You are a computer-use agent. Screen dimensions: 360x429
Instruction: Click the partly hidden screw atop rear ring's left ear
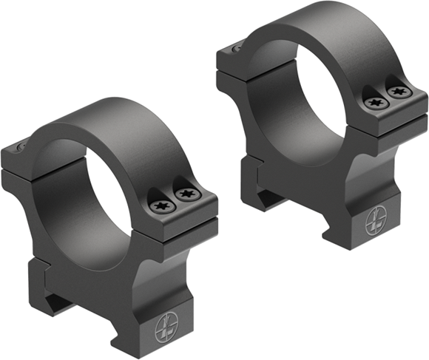[x=236, y=49]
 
